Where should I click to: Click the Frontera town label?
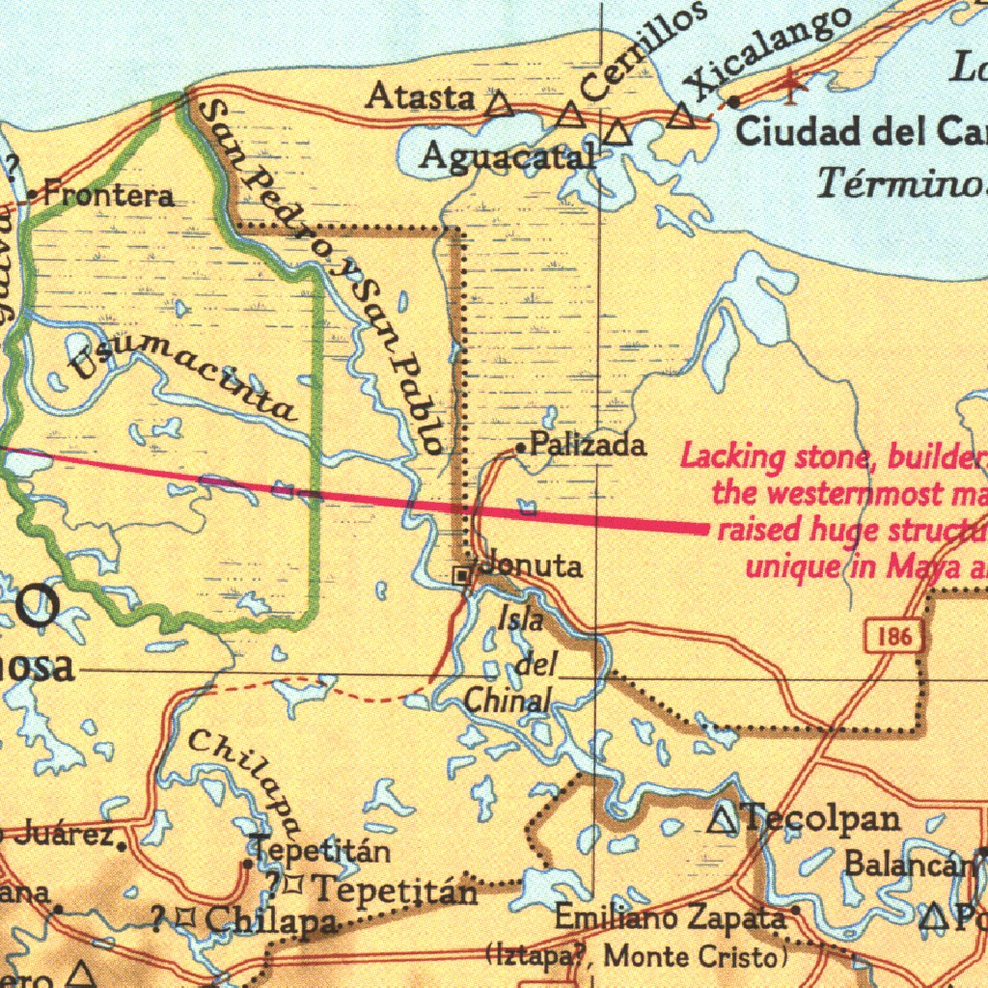tap(109, 197)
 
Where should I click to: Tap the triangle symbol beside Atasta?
tap(499, 104)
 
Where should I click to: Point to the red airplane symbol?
tap(793, 85)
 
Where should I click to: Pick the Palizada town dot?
tap(521, 448)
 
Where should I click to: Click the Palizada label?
tap(589, 446)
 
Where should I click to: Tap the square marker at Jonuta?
tap(463, 575)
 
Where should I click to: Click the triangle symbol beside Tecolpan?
tap(723, 821)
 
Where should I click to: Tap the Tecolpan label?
tap(822, 819)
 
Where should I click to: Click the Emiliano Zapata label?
tap(670, 917)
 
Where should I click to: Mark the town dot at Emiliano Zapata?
tap(796, 910)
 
